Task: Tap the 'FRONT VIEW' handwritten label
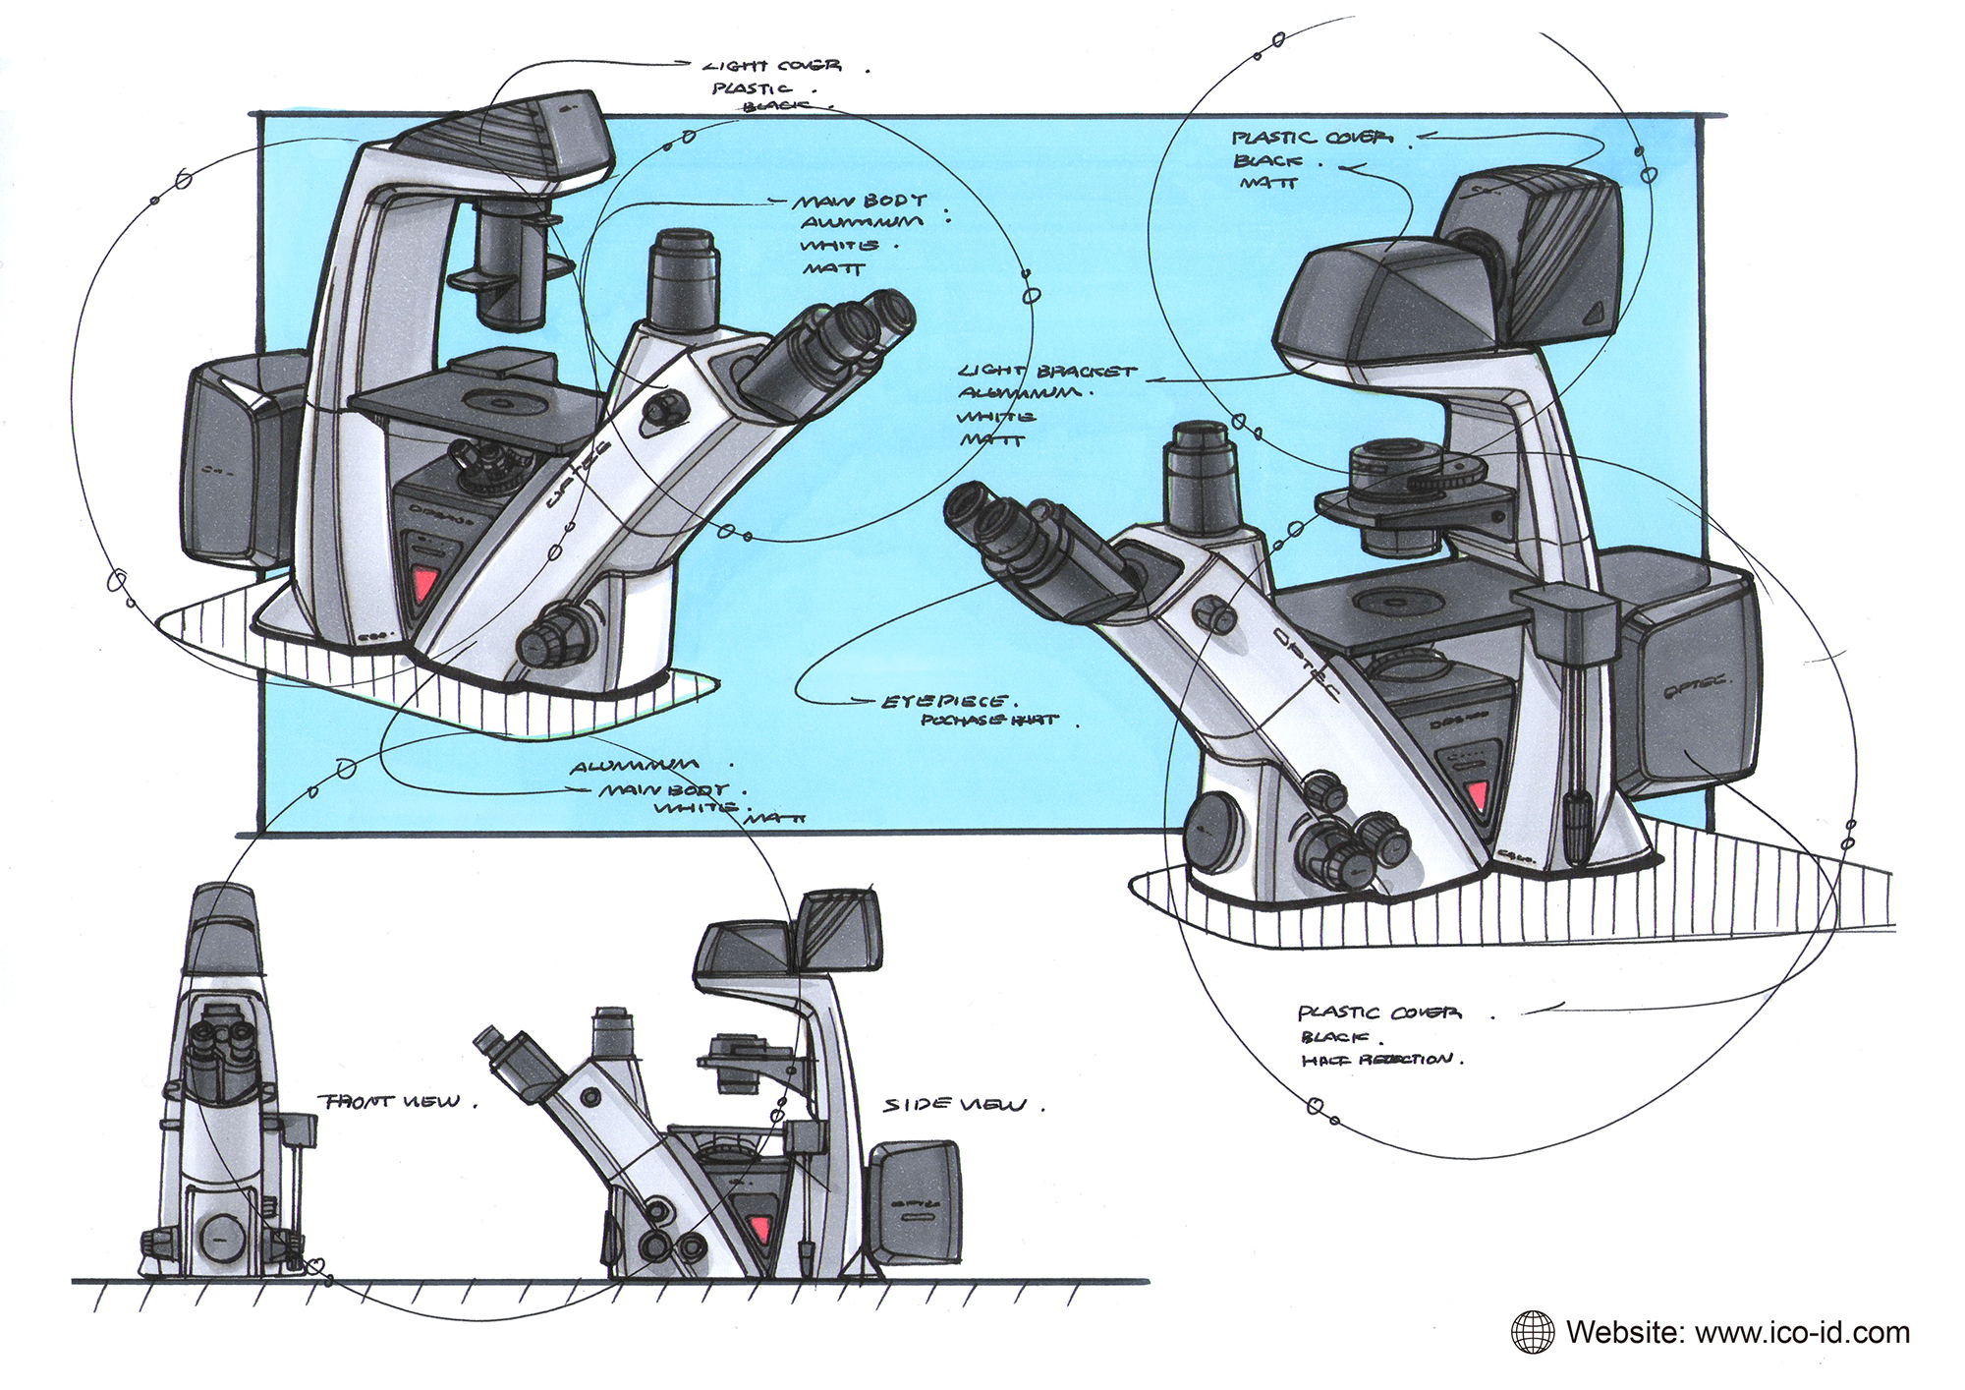click(389, 1101)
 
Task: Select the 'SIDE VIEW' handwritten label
click(953, 1105)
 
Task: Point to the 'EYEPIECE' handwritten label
click(943, 702)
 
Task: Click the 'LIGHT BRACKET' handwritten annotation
click(1046, 373)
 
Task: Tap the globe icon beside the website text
click(1533, 1333)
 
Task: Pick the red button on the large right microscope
click(1477, 797)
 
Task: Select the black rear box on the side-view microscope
click(917, 1201)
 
